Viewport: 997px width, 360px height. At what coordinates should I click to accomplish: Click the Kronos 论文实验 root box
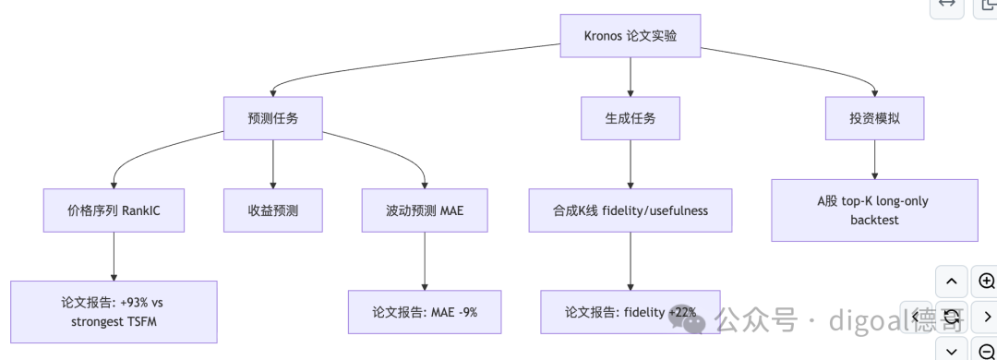[x=631, y=36]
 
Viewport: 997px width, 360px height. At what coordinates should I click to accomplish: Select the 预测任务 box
[x=272, y=118]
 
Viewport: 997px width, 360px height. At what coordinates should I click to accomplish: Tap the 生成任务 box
[x=631, y=118]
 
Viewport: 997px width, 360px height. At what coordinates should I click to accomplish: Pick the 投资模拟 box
[x=874, y=118]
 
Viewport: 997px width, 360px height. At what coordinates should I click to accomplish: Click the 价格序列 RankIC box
[x=114, y=210]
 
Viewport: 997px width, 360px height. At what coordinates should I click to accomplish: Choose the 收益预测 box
[x=272, y=210]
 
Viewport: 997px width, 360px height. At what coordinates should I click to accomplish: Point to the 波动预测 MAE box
[x=425, y=210]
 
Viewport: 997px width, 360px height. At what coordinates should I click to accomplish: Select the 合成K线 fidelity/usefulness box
[x=631, y=210]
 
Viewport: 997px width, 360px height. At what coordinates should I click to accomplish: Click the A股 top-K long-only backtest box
[x=874, y=210]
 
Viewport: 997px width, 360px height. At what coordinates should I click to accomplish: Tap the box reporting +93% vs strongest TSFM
[x=114, y=312]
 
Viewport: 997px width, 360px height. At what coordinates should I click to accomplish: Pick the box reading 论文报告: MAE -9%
[x=425, y=312]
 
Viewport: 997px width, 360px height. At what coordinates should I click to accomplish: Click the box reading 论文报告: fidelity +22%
[x=631, y=312]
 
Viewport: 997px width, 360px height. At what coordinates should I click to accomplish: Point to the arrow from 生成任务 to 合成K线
[x=631, y=164]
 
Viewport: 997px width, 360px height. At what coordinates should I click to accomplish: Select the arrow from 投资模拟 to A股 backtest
[x=874, y=160]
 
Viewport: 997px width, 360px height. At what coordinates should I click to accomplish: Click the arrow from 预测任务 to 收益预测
[x=272, y=164]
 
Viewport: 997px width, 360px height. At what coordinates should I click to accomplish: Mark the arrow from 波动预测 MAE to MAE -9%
[x=425, y=261]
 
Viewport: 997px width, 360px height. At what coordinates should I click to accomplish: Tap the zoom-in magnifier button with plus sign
[x=987, y=282]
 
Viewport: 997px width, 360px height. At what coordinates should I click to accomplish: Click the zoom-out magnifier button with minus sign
[x=987, y=351]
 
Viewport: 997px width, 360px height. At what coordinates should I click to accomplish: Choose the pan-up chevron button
[x=951, y=282]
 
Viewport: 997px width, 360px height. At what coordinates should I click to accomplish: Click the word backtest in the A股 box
[x=874, y=220]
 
